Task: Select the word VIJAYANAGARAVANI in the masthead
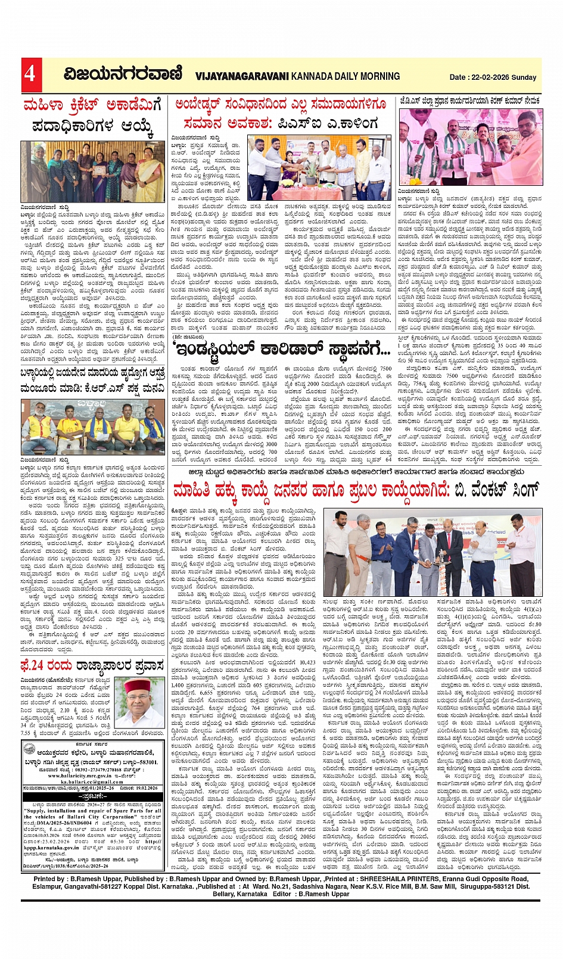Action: coord(242,76)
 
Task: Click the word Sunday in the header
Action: coord(525,77)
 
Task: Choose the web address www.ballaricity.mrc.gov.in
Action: coord(79,776)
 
